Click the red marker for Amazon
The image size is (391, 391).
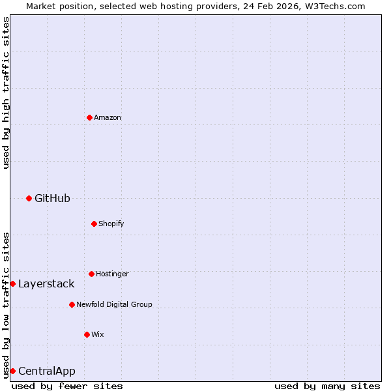89,117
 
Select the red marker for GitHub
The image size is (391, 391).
29,198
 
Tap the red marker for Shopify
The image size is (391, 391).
94,224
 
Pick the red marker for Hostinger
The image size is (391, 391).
91,274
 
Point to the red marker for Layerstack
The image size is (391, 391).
12,283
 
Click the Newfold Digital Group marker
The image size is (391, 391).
72,304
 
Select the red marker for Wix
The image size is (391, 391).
87,334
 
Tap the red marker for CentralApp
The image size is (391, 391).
12,371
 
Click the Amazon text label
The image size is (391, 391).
108,117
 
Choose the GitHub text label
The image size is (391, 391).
52,198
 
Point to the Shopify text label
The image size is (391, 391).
111,224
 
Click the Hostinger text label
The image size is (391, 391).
112,274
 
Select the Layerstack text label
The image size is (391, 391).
46,283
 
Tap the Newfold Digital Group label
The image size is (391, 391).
114,304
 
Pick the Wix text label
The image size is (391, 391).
98,334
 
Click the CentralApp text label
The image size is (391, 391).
47,371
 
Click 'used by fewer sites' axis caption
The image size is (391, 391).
67,386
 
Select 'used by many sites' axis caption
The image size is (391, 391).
327,386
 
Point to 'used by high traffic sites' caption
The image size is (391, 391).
6,93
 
